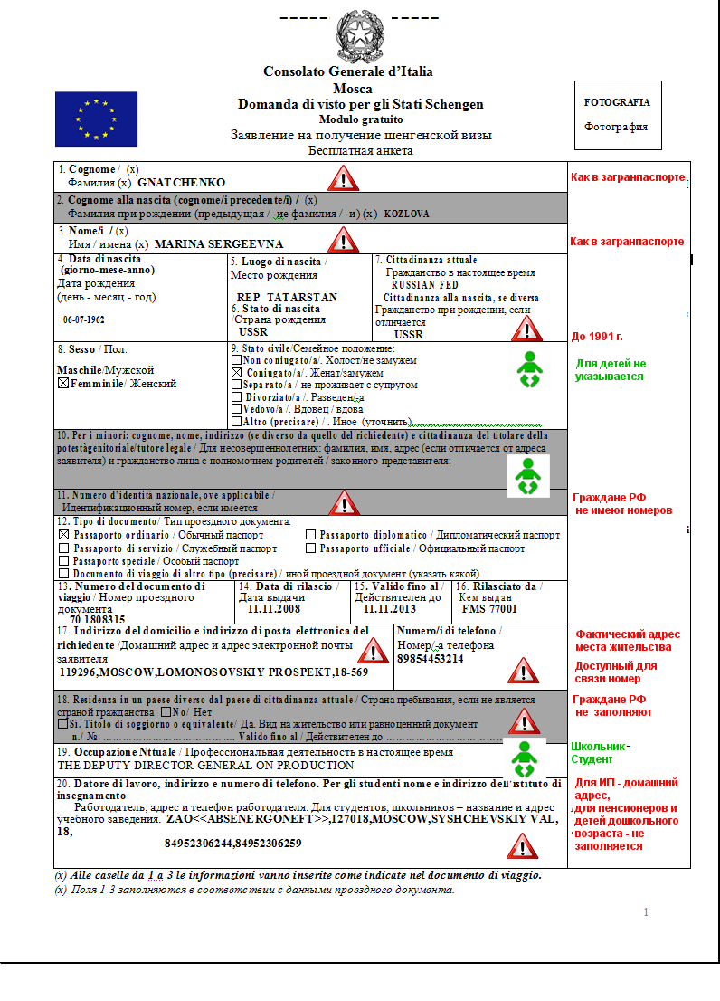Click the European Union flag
pos(96,119)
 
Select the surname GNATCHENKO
pos(194,182)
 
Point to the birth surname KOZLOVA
pos(406,214)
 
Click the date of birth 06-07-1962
pos(83,319)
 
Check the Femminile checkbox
pos(62,384)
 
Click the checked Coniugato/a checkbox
pos(236,373)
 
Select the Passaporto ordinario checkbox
pos(63,535)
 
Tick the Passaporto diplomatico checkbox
pos(310,535)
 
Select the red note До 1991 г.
pos(597,337)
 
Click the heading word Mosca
pos(347,88)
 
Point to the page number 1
pos(646,911)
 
